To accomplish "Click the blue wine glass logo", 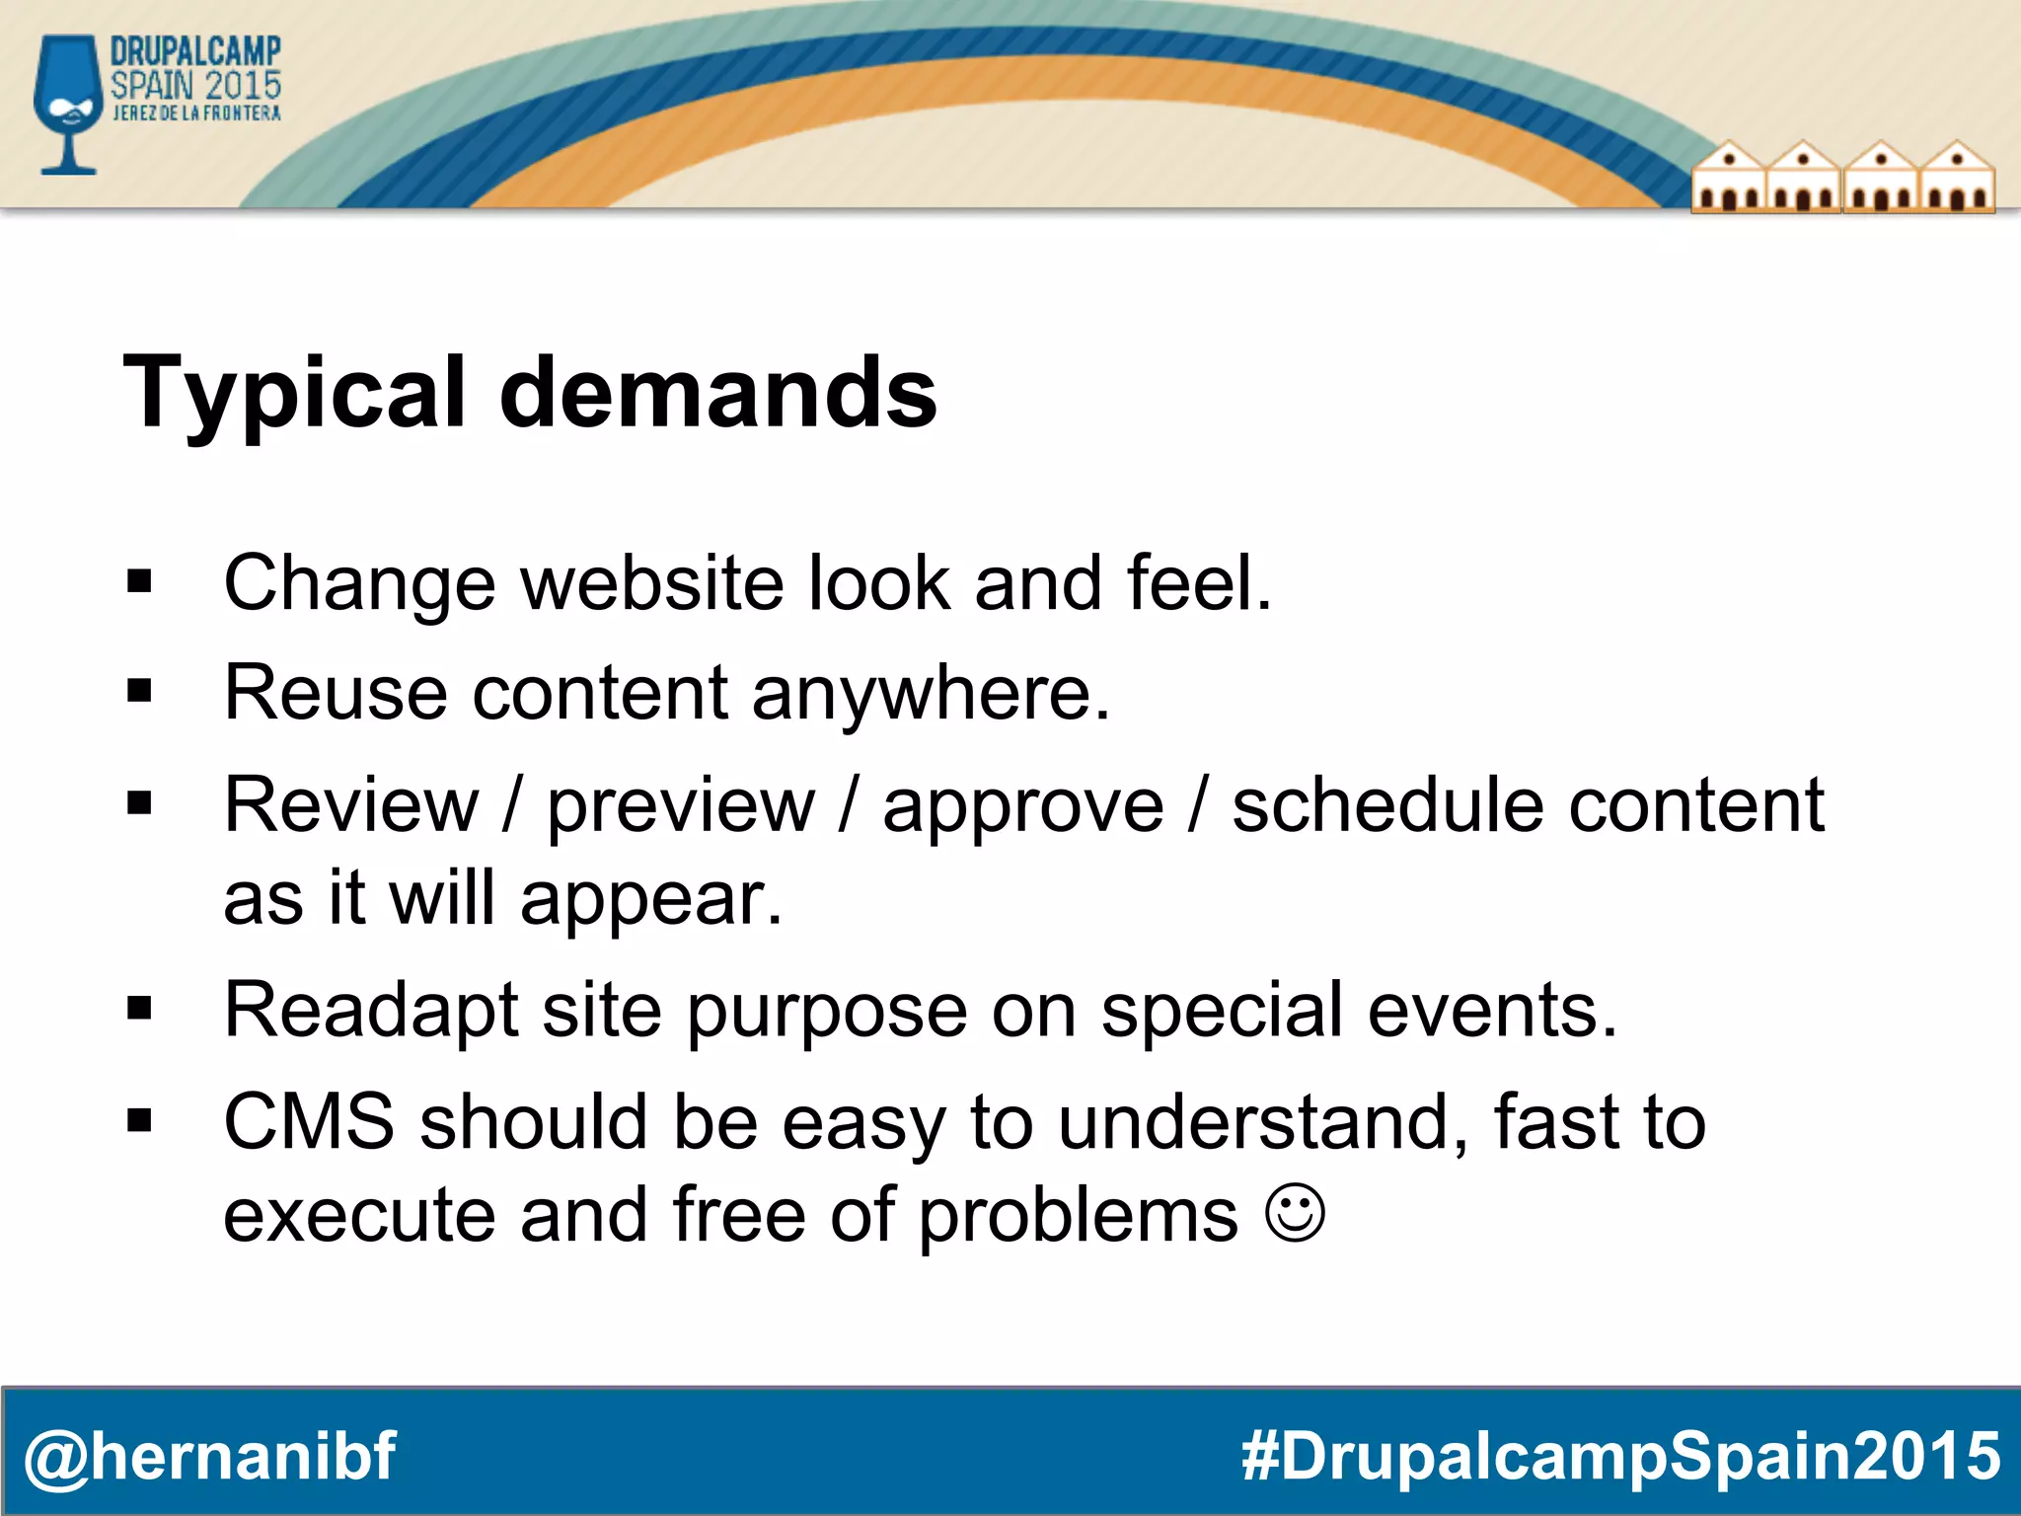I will point(67,104).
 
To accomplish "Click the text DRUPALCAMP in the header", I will point(195,52).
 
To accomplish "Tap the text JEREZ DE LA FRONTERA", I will point(196,114).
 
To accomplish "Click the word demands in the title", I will point(717,394).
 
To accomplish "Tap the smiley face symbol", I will point(1295,1213).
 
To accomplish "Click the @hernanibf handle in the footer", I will point(209,1457).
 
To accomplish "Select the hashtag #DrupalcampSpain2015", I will point(1620,1457).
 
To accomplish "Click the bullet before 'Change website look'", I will point(139,583).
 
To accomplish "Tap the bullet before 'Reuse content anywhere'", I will point(139,693).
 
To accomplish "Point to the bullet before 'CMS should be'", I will point(139,1121).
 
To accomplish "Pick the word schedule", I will point(1387,805).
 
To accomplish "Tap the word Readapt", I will point(371,1012).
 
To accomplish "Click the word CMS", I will point(309,1122).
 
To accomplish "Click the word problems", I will point(1078,1217).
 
